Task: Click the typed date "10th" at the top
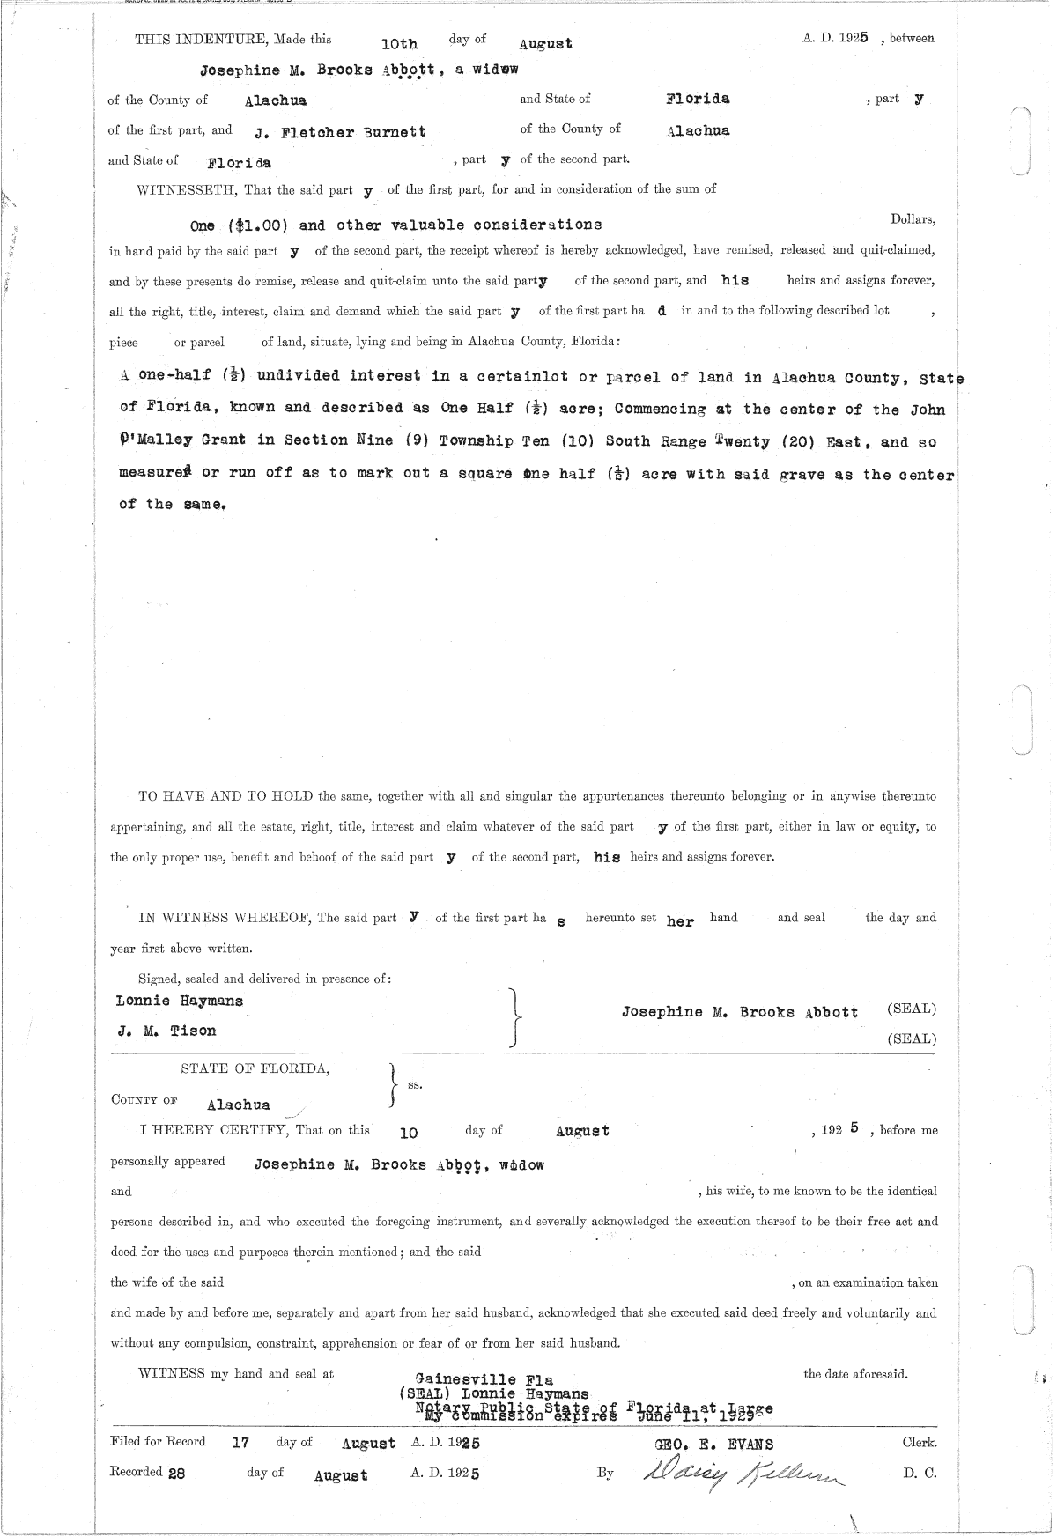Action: [399, 43]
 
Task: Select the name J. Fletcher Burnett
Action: [340, 132]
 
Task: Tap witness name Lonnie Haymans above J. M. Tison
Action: [179, 1001]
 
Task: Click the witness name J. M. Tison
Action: [166, 1031]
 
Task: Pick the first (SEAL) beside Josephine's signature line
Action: [911, 1009]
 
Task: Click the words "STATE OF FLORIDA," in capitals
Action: [255, 1069]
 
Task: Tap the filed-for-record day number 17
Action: [240, 1443]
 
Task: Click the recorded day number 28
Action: [177, 1473]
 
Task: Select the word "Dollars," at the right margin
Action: [912, 218]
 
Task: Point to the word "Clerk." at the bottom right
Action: [920, 1443]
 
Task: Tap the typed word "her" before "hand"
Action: [680, 921]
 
